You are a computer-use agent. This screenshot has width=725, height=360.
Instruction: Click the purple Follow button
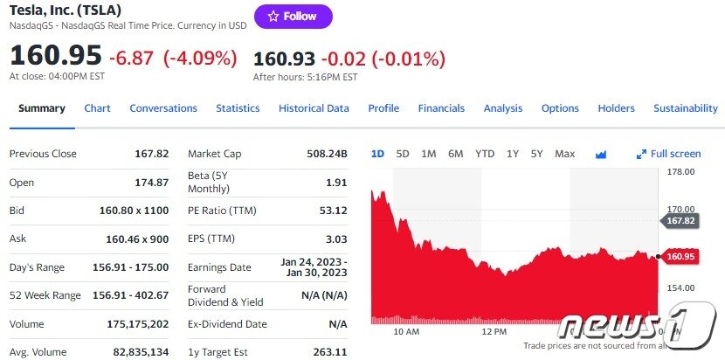tap(293, 17)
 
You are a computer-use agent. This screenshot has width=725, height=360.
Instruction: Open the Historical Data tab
tap(314, 108)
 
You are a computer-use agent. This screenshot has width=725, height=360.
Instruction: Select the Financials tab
tap(441, 108)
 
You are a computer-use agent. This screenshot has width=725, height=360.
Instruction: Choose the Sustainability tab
tap(685, 108)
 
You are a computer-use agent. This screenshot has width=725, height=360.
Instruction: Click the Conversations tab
tap(163, 108)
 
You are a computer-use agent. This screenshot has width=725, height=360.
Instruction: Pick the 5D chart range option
tap(403, 154)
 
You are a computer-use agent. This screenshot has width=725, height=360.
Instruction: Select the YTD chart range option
tap(485, 154)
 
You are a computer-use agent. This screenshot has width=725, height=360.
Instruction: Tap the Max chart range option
tap(564, 154)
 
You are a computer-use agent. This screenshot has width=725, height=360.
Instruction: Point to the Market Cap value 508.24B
tap(327, 154)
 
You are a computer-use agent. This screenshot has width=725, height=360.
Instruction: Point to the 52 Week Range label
tap(45, 295)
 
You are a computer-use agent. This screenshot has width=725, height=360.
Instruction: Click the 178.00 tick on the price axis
tap(680, 171)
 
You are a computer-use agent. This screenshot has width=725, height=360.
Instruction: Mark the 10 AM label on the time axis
tap(406, 332)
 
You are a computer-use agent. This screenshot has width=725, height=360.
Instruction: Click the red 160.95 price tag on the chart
tap(680, 257)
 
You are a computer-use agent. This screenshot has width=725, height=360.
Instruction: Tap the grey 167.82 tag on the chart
tap(680, 221)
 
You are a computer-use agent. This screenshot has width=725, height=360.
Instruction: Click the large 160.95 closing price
tap(56, 56)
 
